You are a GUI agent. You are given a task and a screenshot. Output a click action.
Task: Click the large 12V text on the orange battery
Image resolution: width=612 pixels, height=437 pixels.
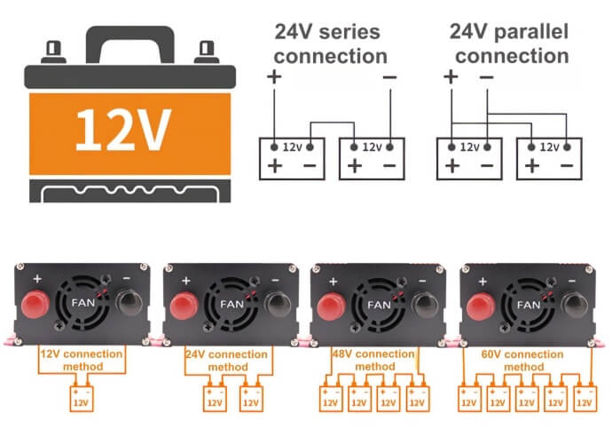pos(123,131)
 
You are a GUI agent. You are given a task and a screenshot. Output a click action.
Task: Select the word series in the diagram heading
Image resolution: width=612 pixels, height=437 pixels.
pos(349,32)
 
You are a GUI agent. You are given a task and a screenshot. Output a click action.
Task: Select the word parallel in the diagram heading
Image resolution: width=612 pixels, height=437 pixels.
pos(530,31)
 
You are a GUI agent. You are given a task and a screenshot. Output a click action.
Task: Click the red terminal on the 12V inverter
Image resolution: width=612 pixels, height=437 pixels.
pos(35,305)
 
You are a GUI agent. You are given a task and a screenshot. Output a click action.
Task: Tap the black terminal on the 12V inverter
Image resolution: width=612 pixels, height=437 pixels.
pos(129,303)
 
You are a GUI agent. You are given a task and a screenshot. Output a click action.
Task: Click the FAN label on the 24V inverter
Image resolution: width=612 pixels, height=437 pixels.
pos(231,304)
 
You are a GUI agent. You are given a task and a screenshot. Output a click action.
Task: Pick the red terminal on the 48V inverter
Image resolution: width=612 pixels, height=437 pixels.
pos(332,307)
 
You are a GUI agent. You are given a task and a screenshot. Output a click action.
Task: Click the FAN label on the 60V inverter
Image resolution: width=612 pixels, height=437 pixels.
pos(529,305)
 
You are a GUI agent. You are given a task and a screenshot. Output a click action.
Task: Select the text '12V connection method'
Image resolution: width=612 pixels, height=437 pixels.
pos(82,360)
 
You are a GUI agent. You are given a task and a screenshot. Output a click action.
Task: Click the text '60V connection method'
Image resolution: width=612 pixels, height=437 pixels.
pos(522,361)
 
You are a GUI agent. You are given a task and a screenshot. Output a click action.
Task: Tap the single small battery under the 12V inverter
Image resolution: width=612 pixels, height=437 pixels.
pos(82,398)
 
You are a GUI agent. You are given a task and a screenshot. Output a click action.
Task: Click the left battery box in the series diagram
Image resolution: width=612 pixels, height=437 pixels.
pos(292,159)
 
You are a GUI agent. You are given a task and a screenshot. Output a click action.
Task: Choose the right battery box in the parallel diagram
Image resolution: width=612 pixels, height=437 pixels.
pos(549,159)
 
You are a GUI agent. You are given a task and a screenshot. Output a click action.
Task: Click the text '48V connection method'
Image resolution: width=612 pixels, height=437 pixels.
pos(374,360)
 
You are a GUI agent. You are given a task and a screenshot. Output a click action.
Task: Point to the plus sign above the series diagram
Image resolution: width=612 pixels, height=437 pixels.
pos(274,76)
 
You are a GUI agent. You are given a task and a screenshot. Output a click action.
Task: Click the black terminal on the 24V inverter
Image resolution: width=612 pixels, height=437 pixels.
pos(278,306)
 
